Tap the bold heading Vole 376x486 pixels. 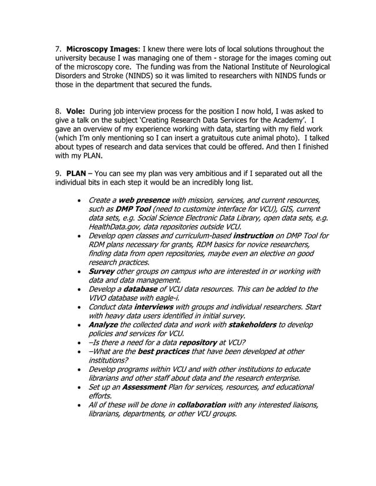point(76,111)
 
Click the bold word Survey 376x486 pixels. point(101,271)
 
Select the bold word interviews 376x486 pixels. point(153,307)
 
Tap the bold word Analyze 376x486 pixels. point(103,325)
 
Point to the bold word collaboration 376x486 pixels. point(201,405)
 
